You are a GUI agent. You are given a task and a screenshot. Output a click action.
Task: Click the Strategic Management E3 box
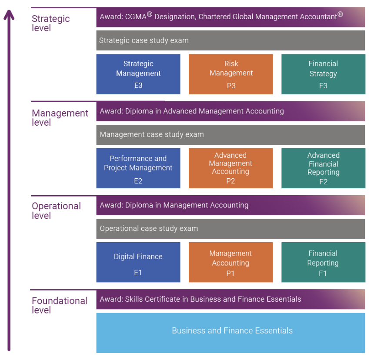coord(138,74)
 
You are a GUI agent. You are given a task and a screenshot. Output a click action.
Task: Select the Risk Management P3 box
coord(230,74)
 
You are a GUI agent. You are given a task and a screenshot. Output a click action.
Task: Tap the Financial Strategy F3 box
coord(323,74)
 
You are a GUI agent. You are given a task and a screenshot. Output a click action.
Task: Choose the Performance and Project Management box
coord(138,168)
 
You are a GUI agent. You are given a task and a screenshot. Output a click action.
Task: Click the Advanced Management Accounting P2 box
coord(230,168)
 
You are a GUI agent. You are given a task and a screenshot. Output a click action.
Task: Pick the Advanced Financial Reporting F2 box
coord(323,168)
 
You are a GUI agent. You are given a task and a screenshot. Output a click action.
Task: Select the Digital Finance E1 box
coord(138,262)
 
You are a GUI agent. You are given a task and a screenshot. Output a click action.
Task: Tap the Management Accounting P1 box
coord(230,262)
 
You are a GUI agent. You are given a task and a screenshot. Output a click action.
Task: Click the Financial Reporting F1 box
coord(323,262)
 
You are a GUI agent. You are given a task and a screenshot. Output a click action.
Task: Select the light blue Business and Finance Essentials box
coord(230,333)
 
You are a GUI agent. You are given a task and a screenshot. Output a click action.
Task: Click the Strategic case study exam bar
coord(230,40)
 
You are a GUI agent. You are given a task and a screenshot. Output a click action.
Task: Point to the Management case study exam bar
coord(230,134)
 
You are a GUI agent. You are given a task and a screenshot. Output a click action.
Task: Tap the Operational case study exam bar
coord(230,229)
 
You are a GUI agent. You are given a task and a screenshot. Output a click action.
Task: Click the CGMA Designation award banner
coord(230,17)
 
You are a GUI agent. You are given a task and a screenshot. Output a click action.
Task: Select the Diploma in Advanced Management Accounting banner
coord(230,111)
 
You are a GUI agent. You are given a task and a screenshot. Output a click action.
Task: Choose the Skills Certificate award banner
coord(230,299)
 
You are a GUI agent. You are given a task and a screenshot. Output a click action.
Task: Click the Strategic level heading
coord(50,23)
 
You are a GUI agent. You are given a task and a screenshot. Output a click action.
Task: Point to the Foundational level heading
coord(59,305)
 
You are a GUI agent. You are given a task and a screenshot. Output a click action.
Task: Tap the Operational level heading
coord(56,211)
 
